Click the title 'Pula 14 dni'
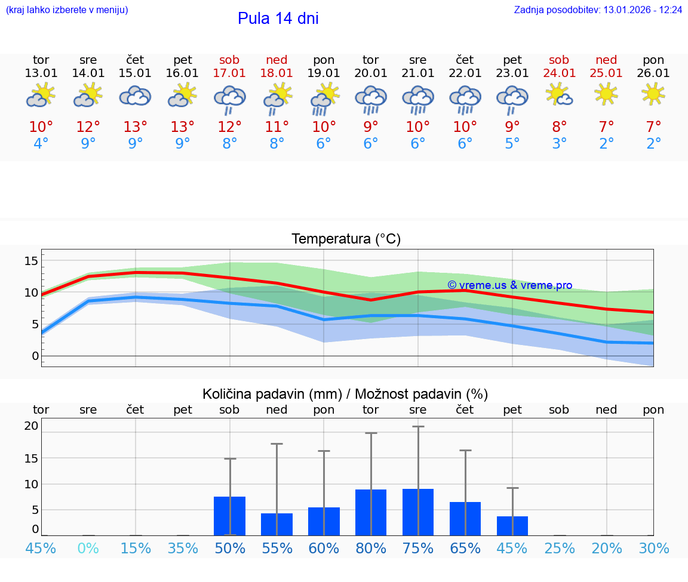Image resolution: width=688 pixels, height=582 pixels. tap(278, 19)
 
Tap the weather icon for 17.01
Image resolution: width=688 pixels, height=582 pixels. tap(230, 98)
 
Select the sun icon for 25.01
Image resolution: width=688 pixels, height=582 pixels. tap(607, 94)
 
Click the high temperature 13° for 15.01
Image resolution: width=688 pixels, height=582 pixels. tap(136, 127)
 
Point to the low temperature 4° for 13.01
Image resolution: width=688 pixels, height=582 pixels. tap(41, 144)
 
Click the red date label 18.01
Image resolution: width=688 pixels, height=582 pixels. tap(277, 73)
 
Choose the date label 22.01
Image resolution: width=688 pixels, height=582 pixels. tap(465, 73)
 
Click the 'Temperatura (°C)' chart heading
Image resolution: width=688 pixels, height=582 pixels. tap(346, 239)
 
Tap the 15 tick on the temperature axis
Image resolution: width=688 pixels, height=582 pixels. tap(31, 261)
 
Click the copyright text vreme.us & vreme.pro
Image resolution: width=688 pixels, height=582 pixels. tap(509, 285)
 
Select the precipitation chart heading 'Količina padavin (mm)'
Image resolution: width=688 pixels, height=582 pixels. tap(272, 394)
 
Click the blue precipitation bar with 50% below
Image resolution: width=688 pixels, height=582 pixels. tap(230, 516)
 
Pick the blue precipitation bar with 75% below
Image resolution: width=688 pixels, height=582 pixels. tap(418, 512)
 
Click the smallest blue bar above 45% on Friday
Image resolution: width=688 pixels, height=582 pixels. tap(512, 526)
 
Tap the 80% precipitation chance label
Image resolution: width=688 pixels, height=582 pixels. tap(371, 548)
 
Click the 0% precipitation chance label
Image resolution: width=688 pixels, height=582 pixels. tap(88, 548)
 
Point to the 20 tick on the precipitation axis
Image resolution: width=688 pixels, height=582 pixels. tap(31, 426)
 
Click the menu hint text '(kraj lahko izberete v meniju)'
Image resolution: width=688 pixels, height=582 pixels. tap(66, 10)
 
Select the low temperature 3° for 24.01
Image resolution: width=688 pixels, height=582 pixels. tap(560, 144)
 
